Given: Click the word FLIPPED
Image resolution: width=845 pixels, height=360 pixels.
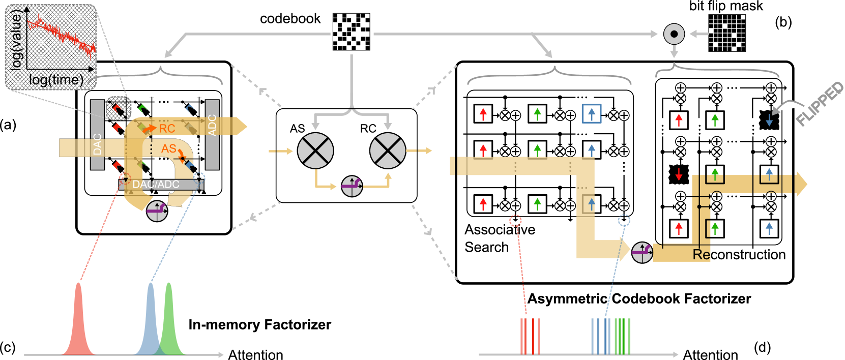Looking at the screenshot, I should (820, 104).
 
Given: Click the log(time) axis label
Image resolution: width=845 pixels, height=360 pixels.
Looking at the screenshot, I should (56, 80).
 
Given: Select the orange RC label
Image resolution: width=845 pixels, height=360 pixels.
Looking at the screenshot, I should (167, 129).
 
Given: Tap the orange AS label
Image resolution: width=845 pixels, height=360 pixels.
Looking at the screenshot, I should (168, 148).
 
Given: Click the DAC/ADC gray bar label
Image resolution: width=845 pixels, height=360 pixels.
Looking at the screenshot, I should (156, 185).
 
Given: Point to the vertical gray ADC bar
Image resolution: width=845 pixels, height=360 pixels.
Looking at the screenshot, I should (212, 135).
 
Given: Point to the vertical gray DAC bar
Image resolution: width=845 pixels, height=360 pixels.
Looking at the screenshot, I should (97, 135).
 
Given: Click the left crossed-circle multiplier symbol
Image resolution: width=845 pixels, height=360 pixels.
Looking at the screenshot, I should (315, 151).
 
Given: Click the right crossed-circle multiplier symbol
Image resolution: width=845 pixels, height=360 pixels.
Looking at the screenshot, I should (388, 151).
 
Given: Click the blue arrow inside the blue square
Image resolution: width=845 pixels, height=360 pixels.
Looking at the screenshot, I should (592, 113).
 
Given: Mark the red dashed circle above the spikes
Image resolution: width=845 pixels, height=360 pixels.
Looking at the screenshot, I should (515, 221).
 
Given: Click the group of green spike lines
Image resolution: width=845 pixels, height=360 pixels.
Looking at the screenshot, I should (622, 336).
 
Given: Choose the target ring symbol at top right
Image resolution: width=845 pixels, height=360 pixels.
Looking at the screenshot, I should (674, 34).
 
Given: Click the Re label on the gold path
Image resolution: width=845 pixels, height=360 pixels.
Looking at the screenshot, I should (701, 254).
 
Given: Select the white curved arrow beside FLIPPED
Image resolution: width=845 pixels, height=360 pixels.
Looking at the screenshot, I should (786, 106).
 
